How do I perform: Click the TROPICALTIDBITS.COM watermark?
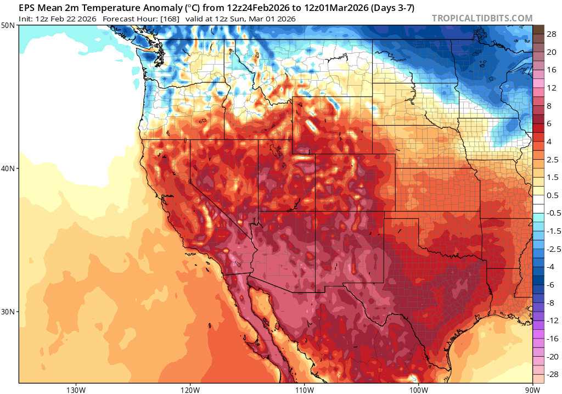[482, 18]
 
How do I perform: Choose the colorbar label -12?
[550, 320]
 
